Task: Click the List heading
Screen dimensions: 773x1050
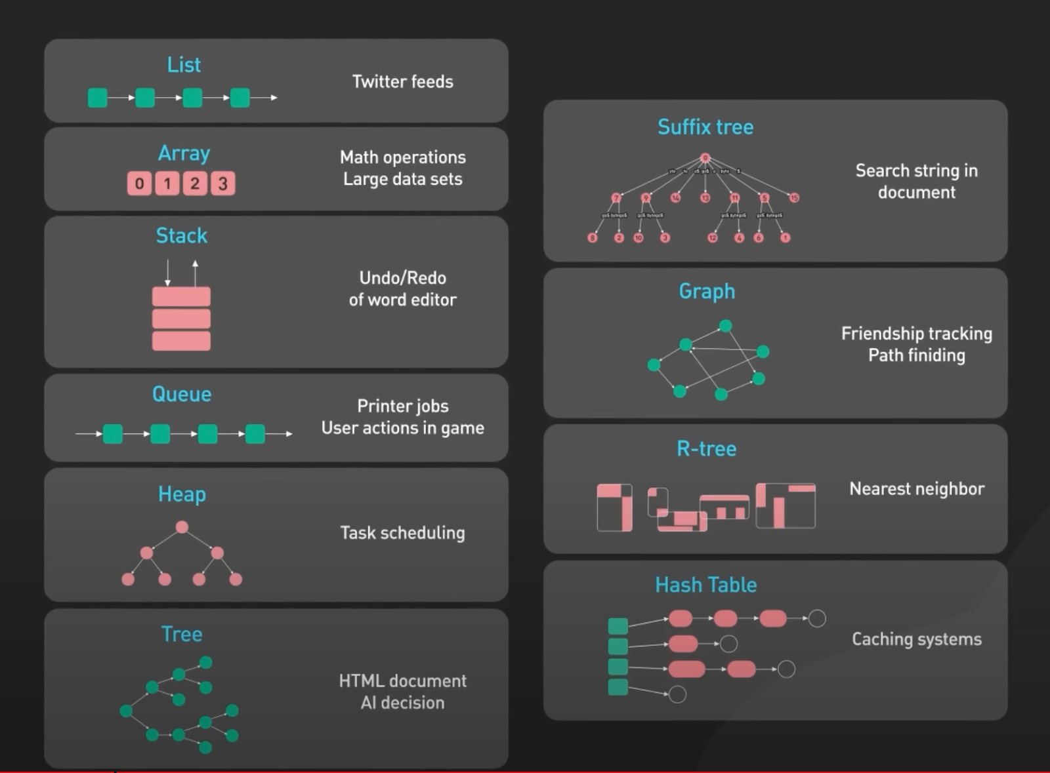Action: [x=184, y=65]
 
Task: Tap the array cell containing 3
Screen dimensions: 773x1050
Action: [x=222, y=184]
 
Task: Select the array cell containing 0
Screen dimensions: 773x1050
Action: [x=139, y=184]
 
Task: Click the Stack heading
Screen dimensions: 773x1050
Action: [x=181, y=235]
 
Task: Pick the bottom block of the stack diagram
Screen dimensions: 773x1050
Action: [x=181, y=341]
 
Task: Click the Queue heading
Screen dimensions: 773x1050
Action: [x=182, y=394]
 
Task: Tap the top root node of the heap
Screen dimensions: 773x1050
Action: [x=182, y=527]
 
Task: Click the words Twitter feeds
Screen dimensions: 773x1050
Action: [x=402, y=81]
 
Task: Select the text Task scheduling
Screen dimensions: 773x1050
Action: [x=402, y=532]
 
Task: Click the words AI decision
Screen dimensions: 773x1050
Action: [x=402, y=703]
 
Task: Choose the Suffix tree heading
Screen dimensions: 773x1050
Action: [x=705, y=127]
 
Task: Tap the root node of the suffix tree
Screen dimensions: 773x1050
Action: [x=705, y=158]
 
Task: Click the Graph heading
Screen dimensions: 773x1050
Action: [x=707, y=291]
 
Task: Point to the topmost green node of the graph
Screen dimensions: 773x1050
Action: [x=725, y=326]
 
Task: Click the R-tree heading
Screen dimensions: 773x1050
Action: [x=707, y=449]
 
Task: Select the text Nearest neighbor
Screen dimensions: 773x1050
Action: [x=917, y=488]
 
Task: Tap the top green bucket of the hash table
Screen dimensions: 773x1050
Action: [x=618, y=625]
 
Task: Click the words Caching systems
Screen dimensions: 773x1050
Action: [x=917, y=639]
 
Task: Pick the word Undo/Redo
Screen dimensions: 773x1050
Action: [x=402, y=278]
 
